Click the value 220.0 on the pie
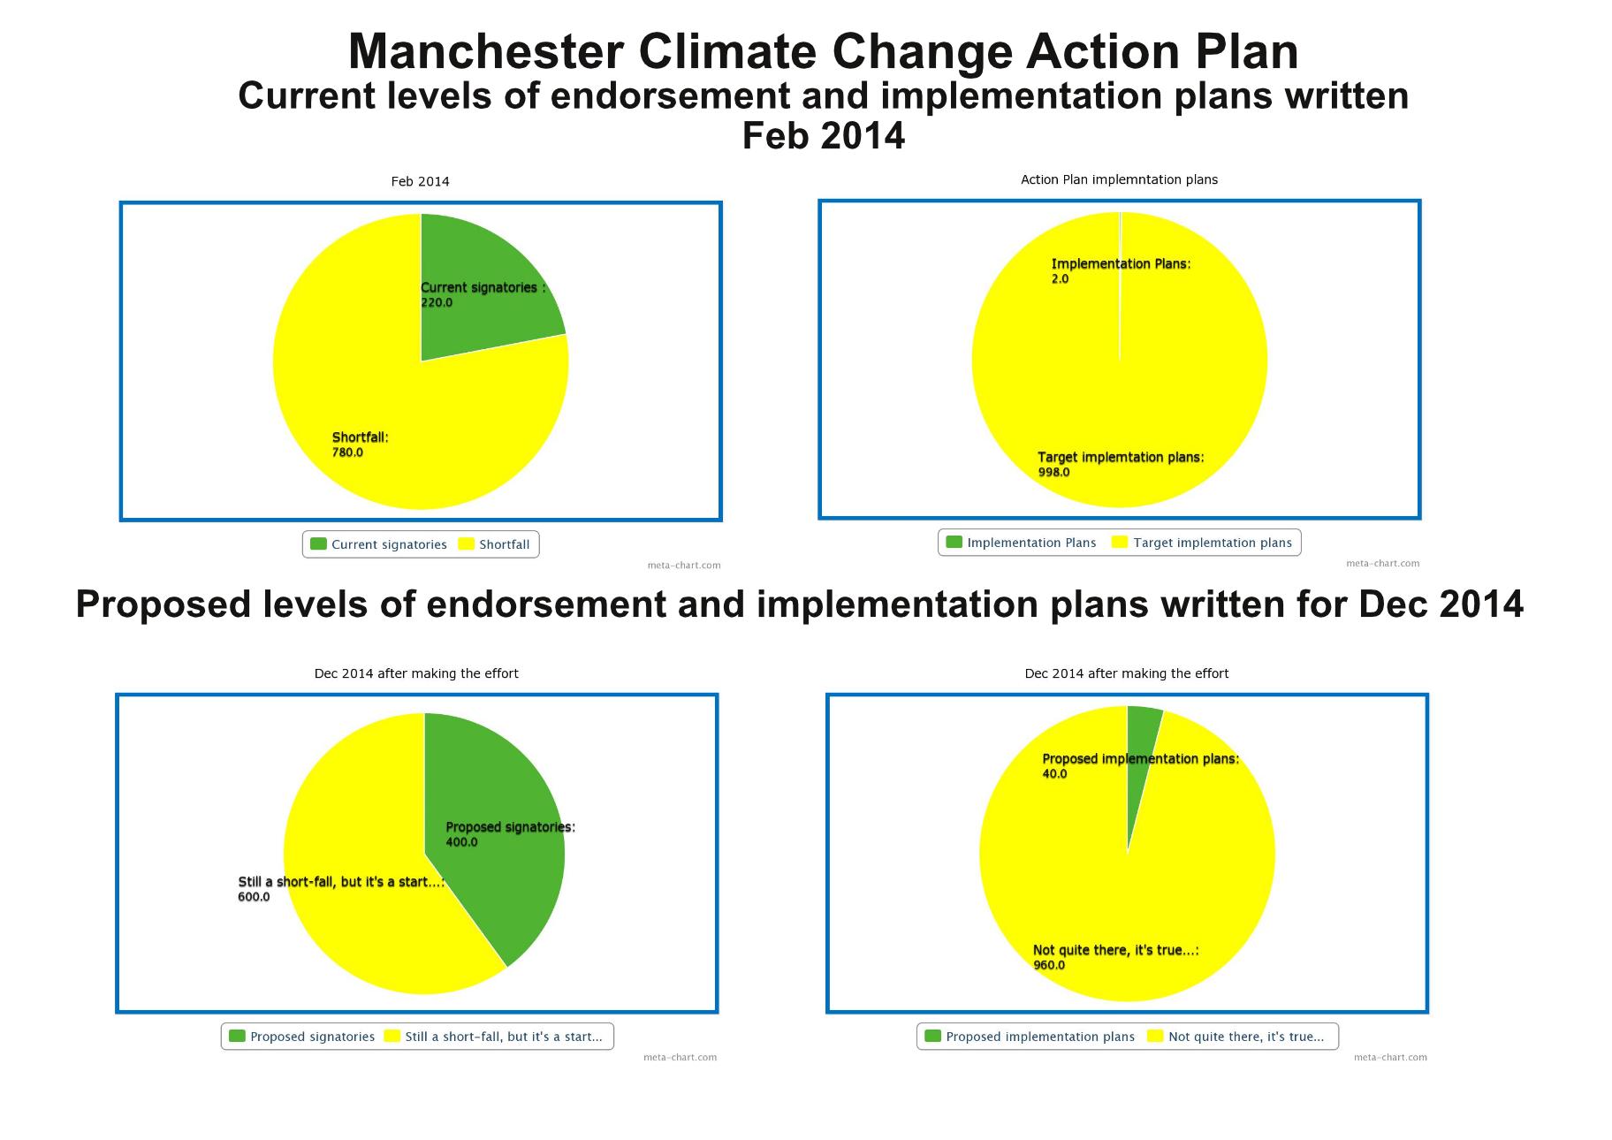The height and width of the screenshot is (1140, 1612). pos(437,302)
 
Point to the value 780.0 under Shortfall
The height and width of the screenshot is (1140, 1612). pos(347,452)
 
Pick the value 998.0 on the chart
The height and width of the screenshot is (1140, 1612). pos(1053,472)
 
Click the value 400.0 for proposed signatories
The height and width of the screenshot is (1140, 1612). pos(461,842)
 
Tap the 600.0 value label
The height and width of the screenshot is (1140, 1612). pos(254,897)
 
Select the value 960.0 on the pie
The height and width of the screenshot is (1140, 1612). pos(1049,965)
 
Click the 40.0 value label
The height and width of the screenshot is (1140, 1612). pos(1054,774)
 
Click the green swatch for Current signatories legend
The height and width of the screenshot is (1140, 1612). pos(318,544)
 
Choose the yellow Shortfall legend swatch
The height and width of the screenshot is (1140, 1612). pos(466,544)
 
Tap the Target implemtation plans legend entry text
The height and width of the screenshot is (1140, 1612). pos(1213,543)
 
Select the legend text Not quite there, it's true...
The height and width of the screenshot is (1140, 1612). pos(1246,1037)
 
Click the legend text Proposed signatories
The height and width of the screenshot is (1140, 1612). pos(312,1037)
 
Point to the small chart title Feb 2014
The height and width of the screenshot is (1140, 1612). pos(420,181)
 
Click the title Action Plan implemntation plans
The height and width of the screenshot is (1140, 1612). pos(1119,179)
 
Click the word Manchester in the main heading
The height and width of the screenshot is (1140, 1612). pos(486,51)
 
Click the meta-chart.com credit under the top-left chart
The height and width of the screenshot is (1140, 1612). pos(683,565)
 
